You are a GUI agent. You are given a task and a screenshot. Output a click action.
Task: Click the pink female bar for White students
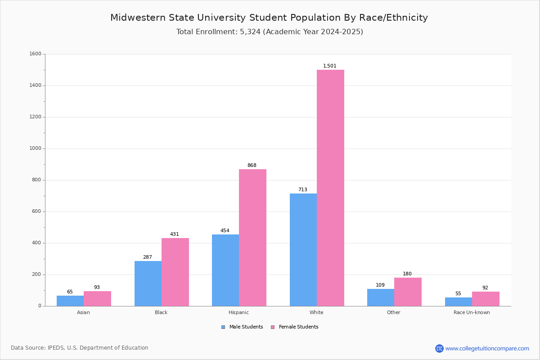pyautogui.click(x=330, y=188)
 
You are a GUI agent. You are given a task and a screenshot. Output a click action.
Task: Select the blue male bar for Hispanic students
pyautogui.click(x=225, y=270)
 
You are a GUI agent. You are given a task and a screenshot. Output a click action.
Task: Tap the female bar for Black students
pyautogui.click(x=175, y=272)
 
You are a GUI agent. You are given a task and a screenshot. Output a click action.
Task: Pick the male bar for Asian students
pyautogui.click(x=70, y=301)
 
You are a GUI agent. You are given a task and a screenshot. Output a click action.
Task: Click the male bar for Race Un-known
pyautogui.click(x=459, y=301)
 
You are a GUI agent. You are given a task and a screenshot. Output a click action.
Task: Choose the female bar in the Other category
pyautogui.click(x=408, y=292)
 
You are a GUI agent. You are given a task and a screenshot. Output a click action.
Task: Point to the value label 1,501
pyautogui.click(x=329, y=66)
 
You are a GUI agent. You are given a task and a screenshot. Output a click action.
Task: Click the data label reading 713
pyautogui.click(x=303, y=189)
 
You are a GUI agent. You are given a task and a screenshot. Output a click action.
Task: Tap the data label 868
pyautogui.click(x=252, y=165)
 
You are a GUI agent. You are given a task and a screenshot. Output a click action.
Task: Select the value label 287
pyautogui.click(x=148, y=257)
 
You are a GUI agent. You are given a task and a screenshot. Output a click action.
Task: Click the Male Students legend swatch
pyautogui.click(x=223, y=327)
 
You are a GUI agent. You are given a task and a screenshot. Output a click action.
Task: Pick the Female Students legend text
pyautogui.click(x=298, y=327)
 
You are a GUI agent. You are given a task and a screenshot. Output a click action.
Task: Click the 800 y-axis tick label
pyautogui.click(x=36, y=180)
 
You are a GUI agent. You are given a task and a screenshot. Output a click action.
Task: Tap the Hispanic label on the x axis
pyautogui.click(x=238, y=312)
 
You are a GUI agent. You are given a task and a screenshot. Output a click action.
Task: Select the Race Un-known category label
pyautogui.click(x=472, y=312)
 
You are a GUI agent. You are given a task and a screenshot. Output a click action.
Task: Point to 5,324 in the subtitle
pyautogui.click(x=250, y=32)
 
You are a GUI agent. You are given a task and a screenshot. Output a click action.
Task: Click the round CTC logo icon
pyautogui.click(x=439, y=348)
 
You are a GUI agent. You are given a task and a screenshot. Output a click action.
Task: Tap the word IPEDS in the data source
pyautogui.click(x=55, y=348)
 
